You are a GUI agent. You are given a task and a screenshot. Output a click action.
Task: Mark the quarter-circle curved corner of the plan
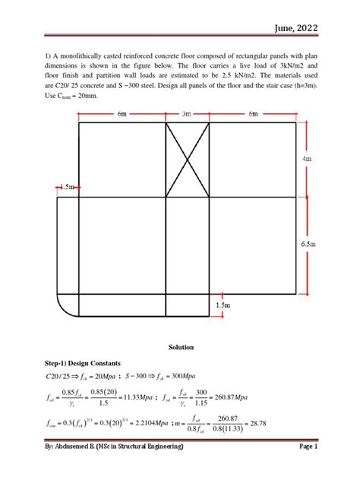67,305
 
